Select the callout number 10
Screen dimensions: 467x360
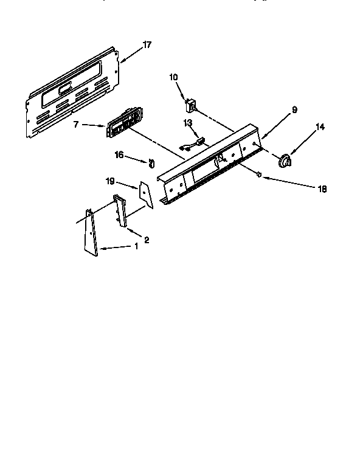click(173, 77)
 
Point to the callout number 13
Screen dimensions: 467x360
click(188, 123)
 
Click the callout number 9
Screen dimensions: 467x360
click(294, 110)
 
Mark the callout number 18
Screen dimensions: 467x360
click(322, 189)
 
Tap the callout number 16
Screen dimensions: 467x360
click(120, 156)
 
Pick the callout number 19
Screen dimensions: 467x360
click(110, 181)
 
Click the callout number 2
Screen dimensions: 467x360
click(146, 240)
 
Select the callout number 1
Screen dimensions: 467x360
click(136, 246)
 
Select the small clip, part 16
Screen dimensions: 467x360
click(150, 162)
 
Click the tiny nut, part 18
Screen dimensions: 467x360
click(259, 175)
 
